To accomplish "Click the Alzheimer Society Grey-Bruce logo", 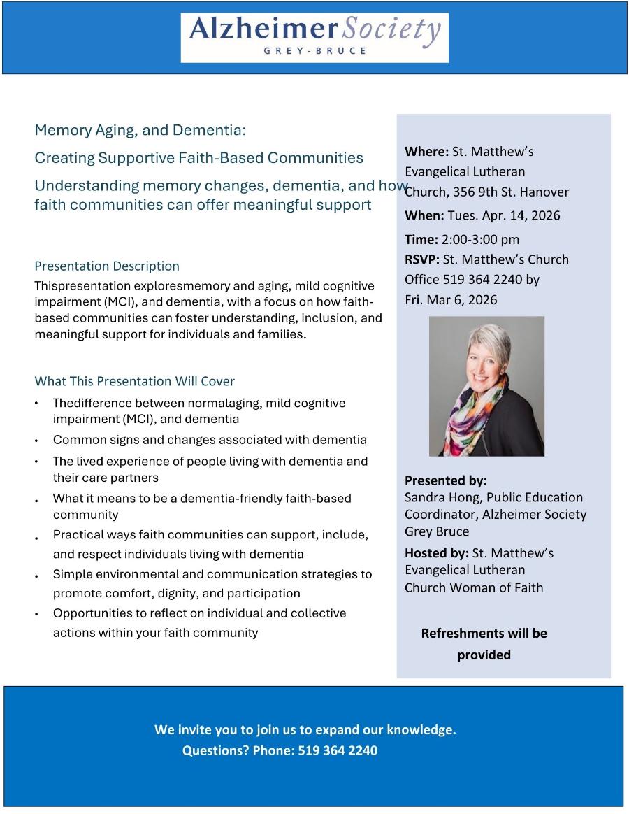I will [314, 37].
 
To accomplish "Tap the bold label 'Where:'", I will [426, 152].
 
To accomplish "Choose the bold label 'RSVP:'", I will [422, 259].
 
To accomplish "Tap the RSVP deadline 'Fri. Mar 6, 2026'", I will [451, 300].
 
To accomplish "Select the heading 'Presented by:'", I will [445, 480].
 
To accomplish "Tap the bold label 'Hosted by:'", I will [437, 553].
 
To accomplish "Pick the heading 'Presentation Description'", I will [107, 266].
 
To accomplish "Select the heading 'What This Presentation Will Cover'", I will [134, 381].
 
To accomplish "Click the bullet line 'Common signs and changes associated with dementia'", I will [210, 440].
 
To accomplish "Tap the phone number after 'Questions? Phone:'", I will [338, 751].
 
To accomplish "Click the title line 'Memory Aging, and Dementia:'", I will [140, 130].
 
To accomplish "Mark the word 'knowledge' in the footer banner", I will [420, 730].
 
